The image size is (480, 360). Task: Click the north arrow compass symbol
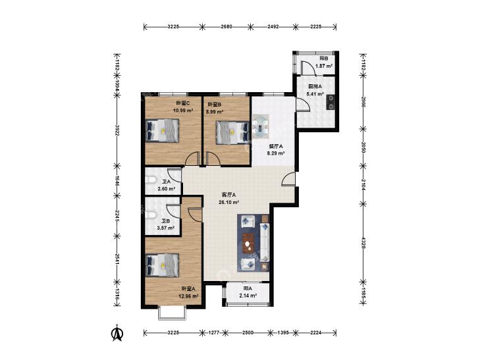click(117, 334)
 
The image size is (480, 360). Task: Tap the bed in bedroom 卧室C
click(162, 130)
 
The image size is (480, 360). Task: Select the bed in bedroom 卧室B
click(232, 132)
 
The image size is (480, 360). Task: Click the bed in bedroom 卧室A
click(162, 265)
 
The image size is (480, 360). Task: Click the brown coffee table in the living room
click(248, 244)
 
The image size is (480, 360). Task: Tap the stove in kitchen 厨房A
click(331, 102)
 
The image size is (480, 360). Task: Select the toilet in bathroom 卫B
click(150, 215)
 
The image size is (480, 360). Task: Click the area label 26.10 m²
click(228, 202)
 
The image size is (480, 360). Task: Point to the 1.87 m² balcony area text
click(324, 66)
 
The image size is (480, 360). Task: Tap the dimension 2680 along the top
click(227, 26)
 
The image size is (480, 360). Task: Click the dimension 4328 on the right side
click(363, 242)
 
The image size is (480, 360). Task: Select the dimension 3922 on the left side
click(117, 130)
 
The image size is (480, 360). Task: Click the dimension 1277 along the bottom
click(213, 333)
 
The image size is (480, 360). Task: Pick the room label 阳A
click(248, 288)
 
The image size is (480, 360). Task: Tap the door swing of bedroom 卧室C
click(192, 159)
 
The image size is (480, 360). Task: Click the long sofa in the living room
click(265, 242)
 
